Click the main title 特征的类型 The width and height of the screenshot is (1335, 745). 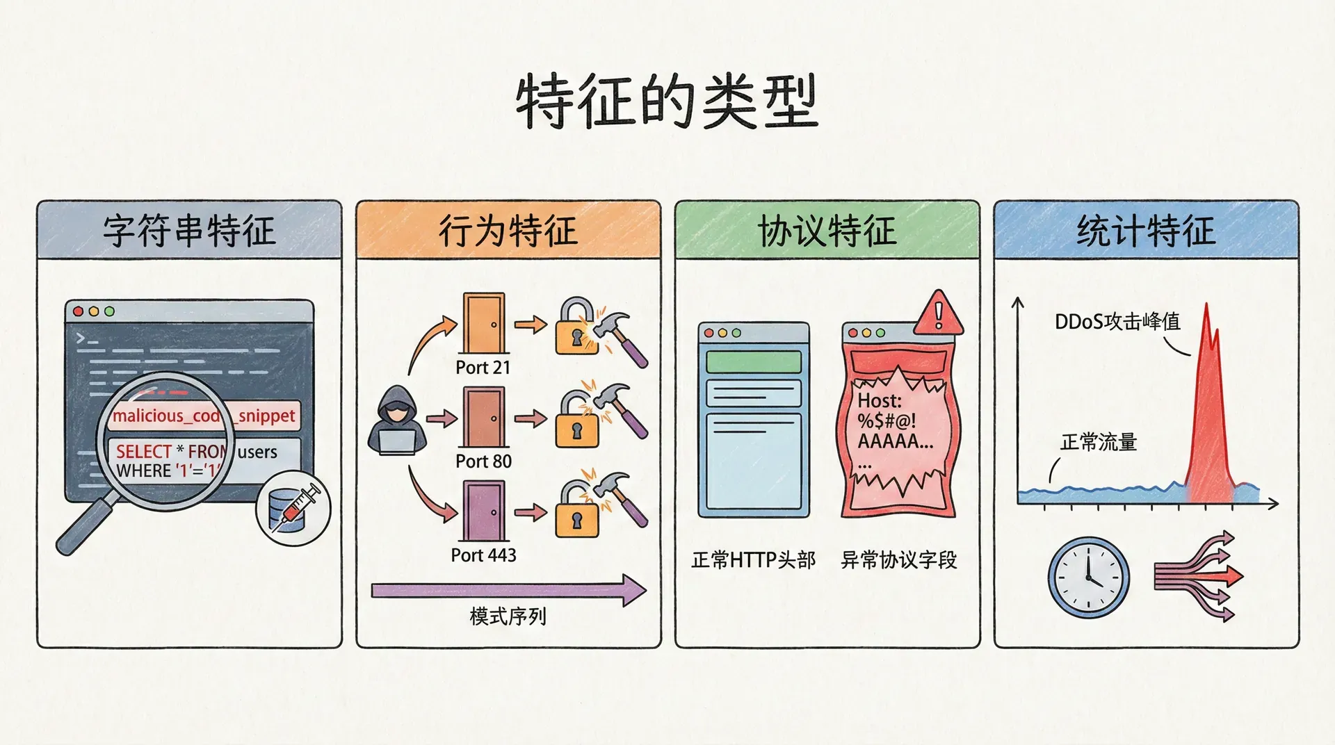tap(666, 102)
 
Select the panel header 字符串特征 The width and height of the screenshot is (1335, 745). tap(189, 231)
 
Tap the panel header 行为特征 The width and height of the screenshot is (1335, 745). tap(508, 231)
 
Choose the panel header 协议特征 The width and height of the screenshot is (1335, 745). tap(827, 231)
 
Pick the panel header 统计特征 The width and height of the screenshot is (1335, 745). tap(1146, 231)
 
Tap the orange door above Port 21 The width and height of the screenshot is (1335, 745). tap(483, 323)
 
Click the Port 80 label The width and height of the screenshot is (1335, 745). tap(483, 461)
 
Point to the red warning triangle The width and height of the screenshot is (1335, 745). tap(939, 314)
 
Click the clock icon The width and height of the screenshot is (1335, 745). tap(1088, 577)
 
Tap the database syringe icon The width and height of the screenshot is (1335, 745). tap(293, 510)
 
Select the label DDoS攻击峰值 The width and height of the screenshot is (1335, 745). tap(1117, 322)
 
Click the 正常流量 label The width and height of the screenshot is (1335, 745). tap(1099, 442)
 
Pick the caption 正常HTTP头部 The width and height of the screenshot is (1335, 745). tap(753, 560)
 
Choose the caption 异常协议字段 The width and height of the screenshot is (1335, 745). tap(898, 560)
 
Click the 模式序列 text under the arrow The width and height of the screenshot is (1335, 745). tap(508, 616)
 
